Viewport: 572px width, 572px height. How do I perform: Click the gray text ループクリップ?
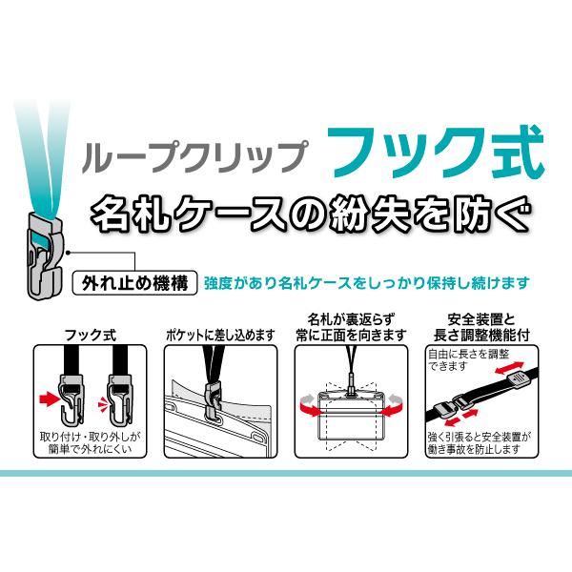pyautogui.click(x=194, y=157)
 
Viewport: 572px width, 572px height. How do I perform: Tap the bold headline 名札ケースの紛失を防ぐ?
pyautogui.click(x=310, y=214)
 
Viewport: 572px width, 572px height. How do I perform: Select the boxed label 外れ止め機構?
pyautogui.click(x=135, y=283)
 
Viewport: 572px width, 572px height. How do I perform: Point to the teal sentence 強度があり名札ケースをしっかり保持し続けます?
pyautogui.click(x=367, y=283)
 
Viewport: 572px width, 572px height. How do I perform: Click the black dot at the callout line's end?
pyautogui.click(x=68, y=253)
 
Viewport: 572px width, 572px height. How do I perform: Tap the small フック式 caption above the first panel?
pyautogui.click(x=91, y=336)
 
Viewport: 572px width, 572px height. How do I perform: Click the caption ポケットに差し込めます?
pyautogui.click(x=220, y=336)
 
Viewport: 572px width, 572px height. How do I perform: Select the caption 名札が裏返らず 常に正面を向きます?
pyautogui.click(x=351, y=328)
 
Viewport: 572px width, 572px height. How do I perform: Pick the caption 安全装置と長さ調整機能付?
pyautogui.click(x=481, y=328)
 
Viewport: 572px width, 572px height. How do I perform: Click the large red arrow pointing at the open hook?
pyautogui.click(x=50, y=398)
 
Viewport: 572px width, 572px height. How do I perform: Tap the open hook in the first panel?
pyautogui.click(x=71, y=400)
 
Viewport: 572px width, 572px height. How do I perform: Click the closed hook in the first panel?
pyautogui.click(x=120, y=400)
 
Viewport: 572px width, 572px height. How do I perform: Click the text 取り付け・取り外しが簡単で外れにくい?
pyautogui.click(x=90, y=443)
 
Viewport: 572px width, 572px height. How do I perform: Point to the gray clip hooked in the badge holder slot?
pyautogui.click(x=214, y=402)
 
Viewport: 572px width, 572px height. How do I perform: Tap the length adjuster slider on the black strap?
pyautogui.click(x=519, y=379)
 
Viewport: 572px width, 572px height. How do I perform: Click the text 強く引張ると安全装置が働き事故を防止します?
pyautogui.click(x=480, y=443)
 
